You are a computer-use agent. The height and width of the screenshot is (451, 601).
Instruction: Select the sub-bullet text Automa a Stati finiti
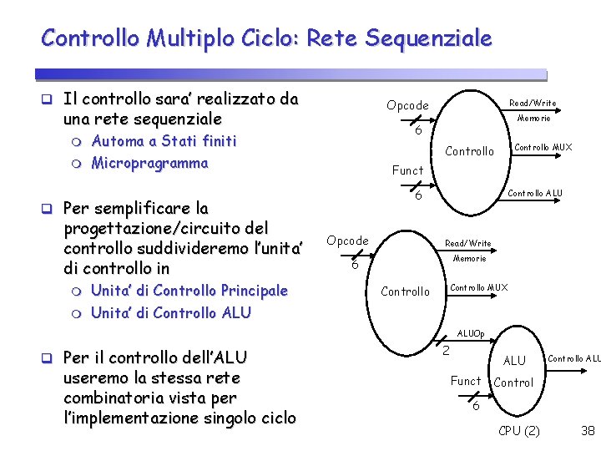pos(164,140)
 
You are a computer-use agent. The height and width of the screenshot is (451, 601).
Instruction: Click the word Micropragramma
pos(149,162)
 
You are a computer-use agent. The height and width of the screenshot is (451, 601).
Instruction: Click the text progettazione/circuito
pos(156,227)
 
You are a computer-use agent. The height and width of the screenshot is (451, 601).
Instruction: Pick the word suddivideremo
pos(196,248)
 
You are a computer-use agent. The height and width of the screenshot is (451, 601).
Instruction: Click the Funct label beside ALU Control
pos(466,381)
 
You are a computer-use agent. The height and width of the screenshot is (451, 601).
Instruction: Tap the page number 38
pos(587,431)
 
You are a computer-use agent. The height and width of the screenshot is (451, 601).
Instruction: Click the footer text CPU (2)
pos(518,431)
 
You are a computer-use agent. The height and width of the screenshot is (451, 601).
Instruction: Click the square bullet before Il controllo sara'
pos(49,100)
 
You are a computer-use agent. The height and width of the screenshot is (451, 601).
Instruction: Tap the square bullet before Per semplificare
pos(49,208)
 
